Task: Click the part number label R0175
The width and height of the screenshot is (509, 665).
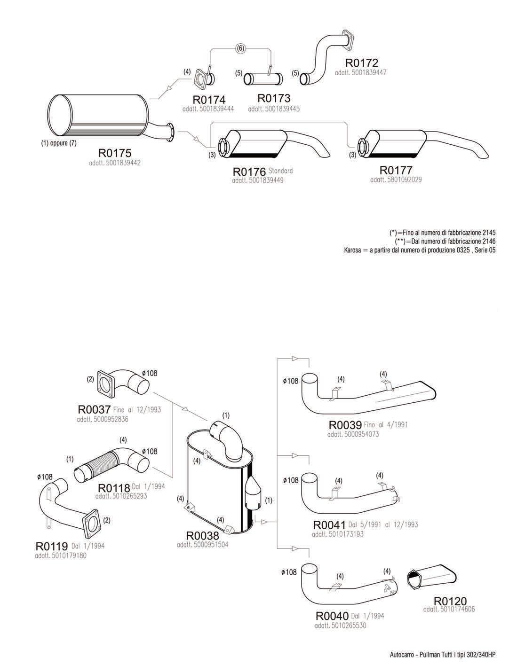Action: click(115, 153)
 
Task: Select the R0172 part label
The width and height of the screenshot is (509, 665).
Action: click(362, 63)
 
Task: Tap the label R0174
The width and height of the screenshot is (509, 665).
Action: click(209, 100)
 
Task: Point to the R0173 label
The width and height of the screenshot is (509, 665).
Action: click(274, 98)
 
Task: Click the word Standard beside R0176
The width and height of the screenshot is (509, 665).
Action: click(281, 171)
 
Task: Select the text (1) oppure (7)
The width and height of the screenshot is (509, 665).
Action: click(58, 143)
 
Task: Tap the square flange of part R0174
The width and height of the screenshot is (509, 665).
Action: click(201, 78)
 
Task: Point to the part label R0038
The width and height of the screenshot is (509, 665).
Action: click(202, 536)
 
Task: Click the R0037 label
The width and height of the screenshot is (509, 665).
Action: click(94, 410)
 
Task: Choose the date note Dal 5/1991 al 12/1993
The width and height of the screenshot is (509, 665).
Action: click(383, 524)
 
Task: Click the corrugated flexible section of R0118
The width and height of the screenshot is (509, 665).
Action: click(96, 465)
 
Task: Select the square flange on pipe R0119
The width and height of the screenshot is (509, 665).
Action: click(92, 522)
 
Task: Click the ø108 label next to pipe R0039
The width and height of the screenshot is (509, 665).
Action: click(290, 381)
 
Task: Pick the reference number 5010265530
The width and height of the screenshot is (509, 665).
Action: click(341, 626)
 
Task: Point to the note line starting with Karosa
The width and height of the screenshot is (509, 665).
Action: click(420, 250)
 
